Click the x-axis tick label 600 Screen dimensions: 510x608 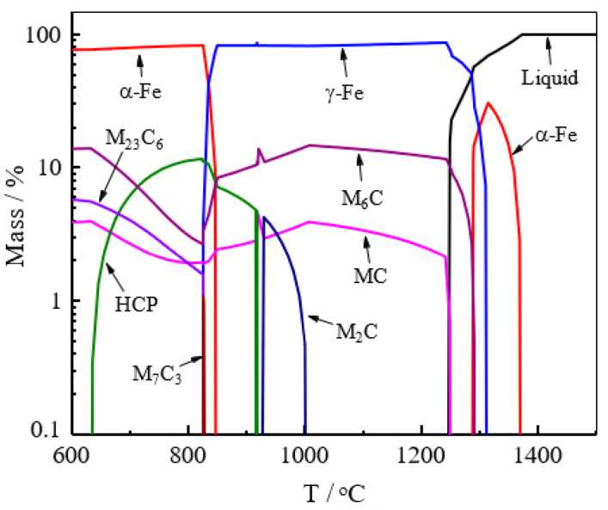coord(71,452)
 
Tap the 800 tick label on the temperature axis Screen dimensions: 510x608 coord(187,452)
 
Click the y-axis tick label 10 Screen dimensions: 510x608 coord(48,167)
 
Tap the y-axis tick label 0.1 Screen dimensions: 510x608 coord(46,433)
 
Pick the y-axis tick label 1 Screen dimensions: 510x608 coord(53,301)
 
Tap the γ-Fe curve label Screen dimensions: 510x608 coord(347,89)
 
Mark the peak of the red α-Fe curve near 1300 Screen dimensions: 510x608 coord(488,102)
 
